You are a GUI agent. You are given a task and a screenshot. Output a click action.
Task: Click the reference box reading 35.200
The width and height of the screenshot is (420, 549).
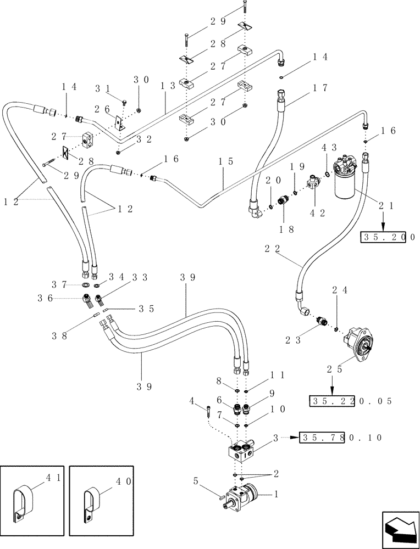click(388, 237)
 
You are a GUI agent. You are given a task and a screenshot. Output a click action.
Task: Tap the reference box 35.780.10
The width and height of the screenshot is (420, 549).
click(341, 438)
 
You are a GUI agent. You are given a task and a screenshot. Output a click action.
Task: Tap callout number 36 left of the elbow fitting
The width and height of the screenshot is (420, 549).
click(46, 298)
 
